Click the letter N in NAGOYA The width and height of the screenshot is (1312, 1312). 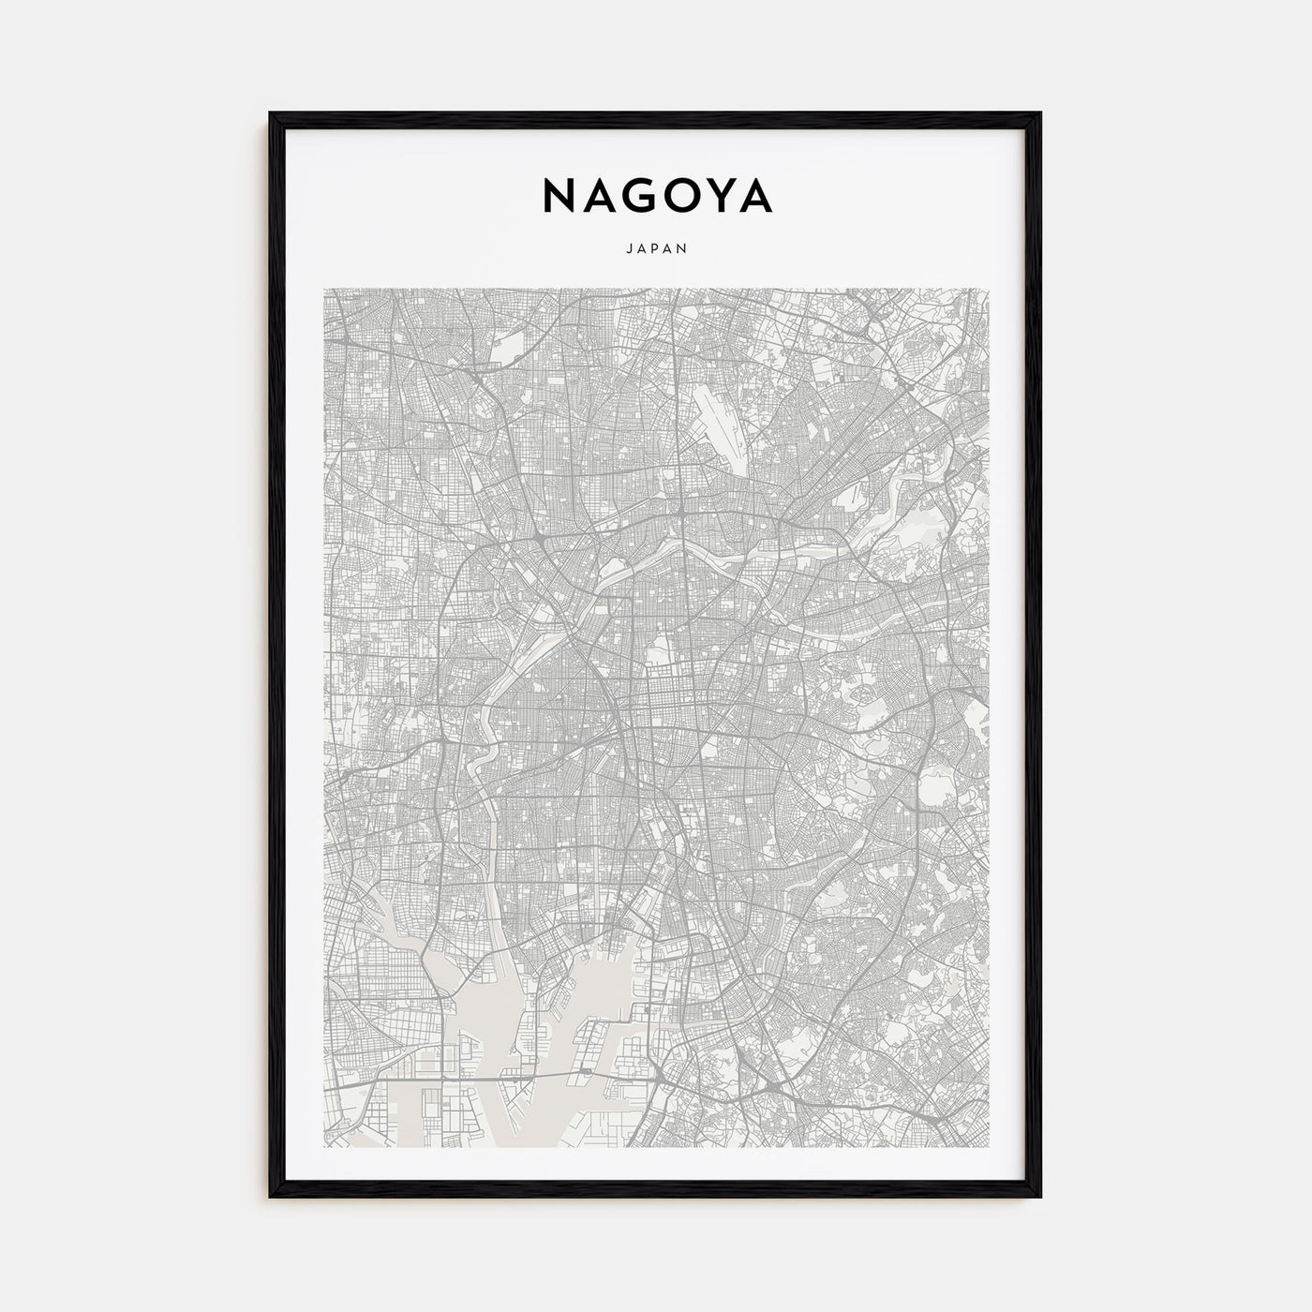coord(558,196)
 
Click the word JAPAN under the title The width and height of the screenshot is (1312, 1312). coord(656,249)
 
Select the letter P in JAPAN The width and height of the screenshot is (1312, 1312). coord(656,249)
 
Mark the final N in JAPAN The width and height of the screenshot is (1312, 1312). coord(685,249)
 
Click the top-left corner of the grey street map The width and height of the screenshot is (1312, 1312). coord(324,289)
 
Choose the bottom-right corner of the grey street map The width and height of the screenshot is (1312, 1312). coord(988,1146)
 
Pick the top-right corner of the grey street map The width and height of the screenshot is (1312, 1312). coord(988,289)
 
